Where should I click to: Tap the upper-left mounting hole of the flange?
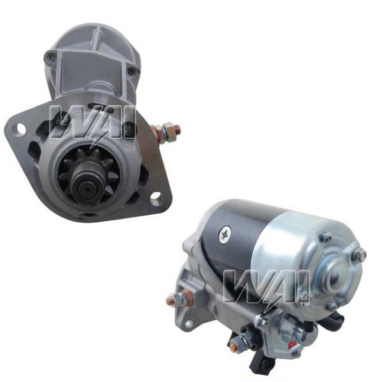[21, 129]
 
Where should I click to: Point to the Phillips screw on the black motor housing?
[225, 234]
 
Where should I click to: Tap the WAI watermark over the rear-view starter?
[266, 288]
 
